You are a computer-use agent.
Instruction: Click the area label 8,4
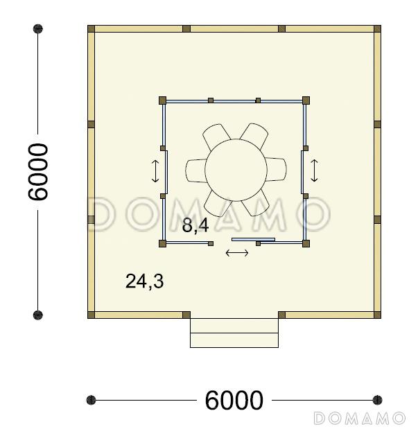click(x=195, y=226)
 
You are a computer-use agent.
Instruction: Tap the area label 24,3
click(x=145, y=281)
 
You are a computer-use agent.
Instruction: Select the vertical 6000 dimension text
click(x=38, y=172)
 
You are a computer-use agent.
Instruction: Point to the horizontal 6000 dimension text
click(x=234, y=401)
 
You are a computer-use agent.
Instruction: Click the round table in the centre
click(x=236, y=170)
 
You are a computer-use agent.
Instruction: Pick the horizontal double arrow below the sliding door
click(x=237, y=253)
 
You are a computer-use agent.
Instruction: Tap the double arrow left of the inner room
click(x=155, y=171)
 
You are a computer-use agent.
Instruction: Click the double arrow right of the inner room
click(x=314, y=170)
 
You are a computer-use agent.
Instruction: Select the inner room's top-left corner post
click(x=163, y=100)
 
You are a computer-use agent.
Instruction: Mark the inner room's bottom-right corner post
click(x=306, y=243)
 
